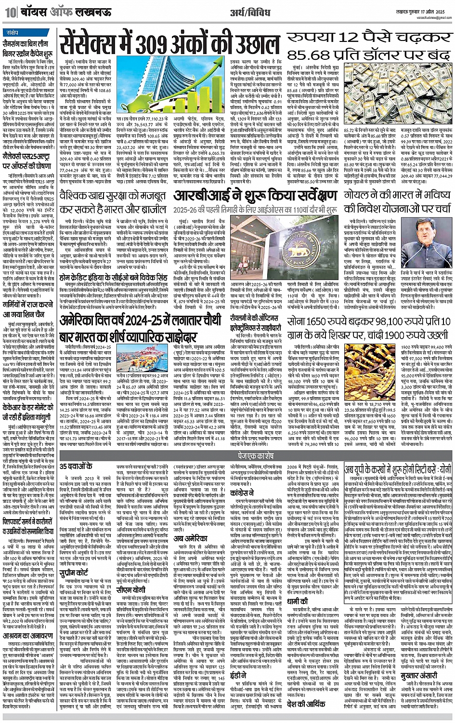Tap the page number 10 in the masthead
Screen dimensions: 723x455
click(x=9, y=13)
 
